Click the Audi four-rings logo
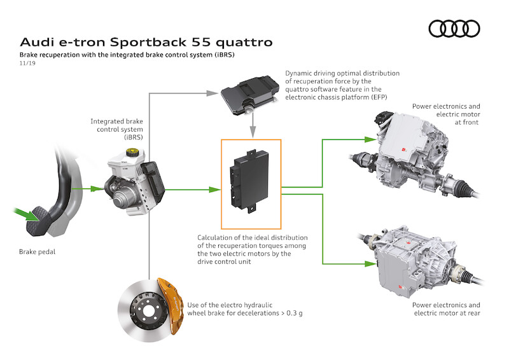pos(454,28)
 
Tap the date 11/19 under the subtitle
pos(27,65)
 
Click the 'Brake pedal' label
pos(37,252)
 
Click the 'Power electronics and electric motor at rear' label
pos(445,309)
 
